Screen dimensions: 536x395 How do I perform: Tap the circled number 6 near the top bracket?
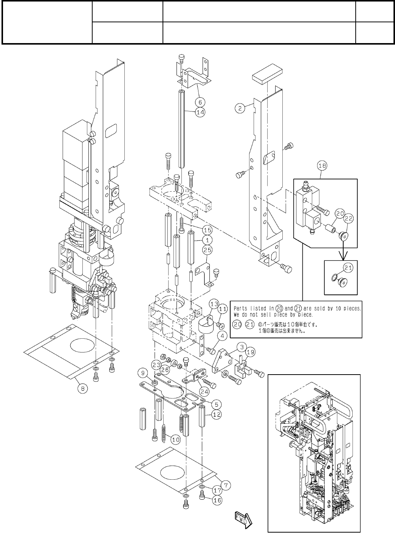click(x=200, y=102)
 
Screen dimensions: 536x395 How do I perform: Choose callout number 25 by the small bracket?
click(x=207, y=250)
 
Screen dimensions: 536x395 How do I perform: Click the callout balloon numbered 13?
click(x=214, y=304)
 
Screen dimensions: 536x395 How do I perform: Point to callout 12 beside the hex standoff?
click(x=216, y=415)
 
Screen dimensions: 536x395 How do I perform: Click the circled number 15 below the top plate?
click(x=207, y=229)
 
